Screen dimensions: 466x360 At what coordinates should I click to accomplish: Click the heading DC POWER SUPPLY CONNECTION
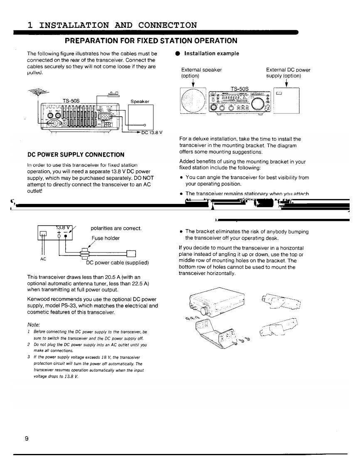point(76,155)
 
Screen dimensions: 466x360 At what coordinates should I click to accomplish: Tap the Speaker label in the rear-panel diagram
point(140,101)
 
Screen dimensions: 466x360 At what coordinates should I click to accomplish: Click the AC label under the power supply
point(43,258)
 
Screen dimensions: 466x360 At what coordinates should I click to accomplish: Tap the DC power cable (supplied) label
point(117,262)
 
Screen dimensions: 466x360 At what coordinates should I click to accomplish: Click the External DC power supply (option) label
point(288,73)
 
